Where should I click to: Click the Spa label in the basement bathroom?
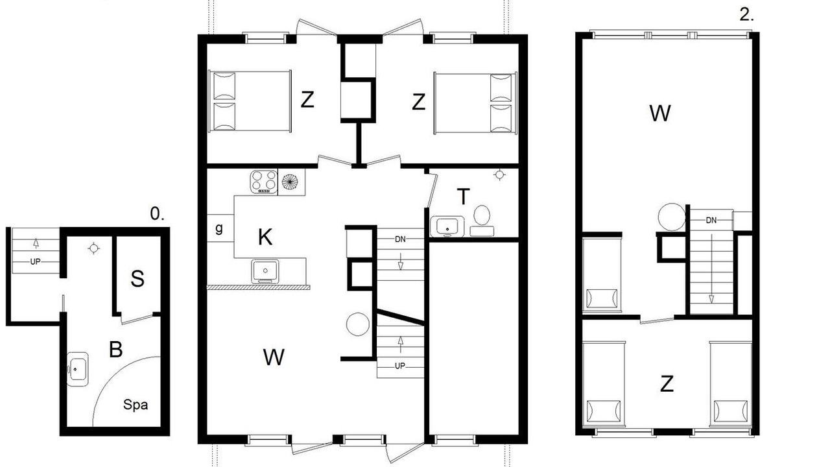[136, 405]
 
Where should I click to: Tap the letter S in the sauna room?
[137, 279]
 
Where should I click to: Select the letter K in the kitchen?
[265, 237]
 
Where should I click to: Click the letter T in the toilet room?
[463, 197]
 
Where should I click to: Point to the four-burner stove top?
[264, 182]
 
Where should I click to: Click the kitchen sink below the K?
[265, 271]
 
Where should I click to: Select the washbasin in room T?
[447, 226]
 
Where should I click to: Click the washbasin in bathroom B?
[77, 369]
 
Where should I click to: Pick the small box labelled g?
[220, 228]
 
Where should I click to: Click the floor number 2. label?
[746, 15]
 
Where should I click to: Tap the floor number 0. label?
[157, 214]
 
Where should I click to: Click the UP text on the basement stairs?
[35, 261]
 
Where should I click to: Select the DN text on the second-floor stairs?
[711, 221]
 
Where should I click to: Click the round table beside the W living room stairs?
[357, 324]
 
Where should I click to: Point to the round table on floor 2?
[671, 217]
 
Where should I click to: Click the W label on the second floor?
[660, 113]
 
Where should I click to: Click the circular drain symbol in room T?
[499, 174]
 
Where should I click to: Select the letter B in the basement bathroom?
[116, 349]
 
